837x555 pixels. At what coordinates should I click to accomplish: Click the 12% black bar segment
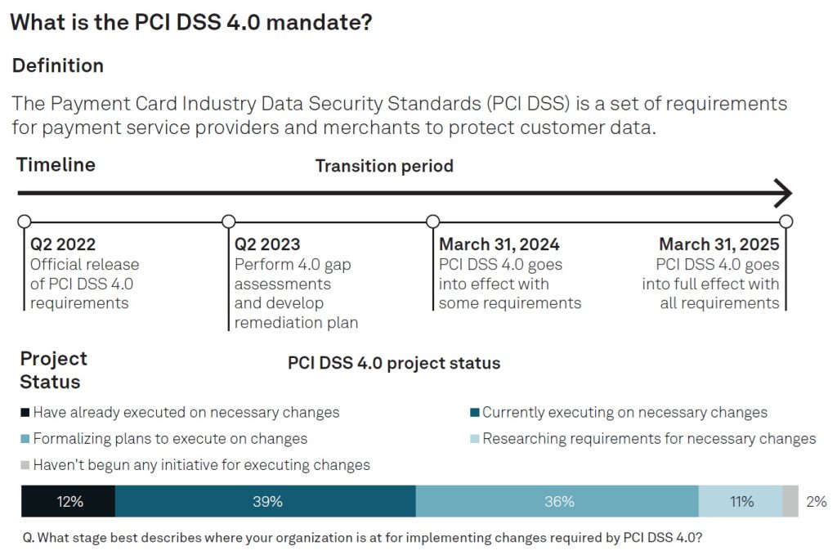68,501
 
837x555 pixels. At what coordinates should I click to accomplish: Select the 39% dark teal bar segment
266,501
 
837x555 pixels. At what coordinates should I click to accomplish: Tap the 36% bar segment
557,501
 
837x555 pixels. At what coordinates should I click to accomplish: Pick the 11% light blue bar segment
741,501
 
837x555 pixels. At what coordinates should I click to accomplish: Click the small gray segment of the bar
790,501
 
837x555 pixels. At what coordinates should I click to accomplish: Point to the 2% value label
816,502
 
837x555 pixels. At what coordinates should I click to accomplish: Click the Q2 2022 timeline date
63,244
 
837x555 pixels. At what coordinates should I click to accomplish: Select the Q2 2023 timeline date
267,244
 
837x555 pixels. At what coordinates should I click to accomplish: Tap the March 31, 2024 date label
499,244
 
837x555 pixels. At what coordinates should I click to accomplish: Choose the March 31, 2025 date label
718,244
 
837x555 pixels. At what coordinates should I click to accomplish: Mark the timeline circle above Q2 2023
229,221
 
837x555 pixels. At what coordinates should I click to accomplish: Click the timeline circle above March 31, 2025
786,221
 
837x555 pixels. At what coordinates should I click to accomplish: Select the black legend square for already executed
25,413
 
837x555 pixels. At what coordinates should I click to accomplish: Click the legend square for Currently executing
474,413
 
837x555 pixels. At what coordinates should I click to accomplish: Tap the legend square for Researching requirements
474,439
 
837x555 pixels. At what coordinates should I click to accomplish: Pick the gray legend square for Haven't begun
25,465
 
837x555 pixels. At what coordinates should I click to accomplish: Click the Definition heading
58,65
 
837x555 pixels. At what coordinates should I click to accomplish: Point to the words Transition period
384,166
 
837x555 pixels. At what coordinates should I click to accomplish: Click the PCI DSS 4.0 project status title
394,363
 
